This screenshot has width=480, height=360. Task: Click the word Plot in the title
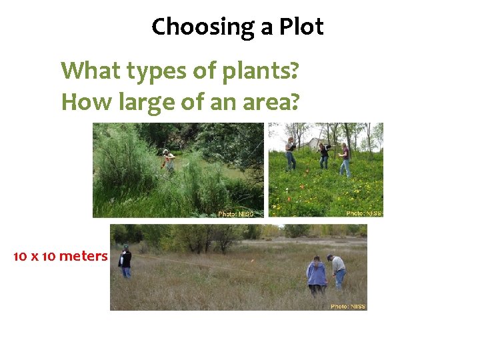[x=301, y=27]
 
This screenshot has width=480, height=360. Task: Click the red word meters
[x=83, y=256]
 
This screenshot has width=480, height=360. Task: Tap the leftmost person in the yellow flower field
[x=291, y=154]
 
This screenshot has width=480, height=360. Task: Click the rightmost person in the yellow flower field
[x=345, y=159]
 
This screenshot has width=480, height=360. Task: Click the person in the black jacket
[x=125, y=262]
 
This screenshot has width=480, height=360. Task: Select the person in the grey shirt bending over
[x=338, y=271]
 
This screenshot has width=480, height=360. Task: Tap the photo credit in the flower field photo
[x=364, y=213]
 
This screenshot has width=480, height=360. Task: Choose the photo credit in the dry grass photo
[x=348, y=307]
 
